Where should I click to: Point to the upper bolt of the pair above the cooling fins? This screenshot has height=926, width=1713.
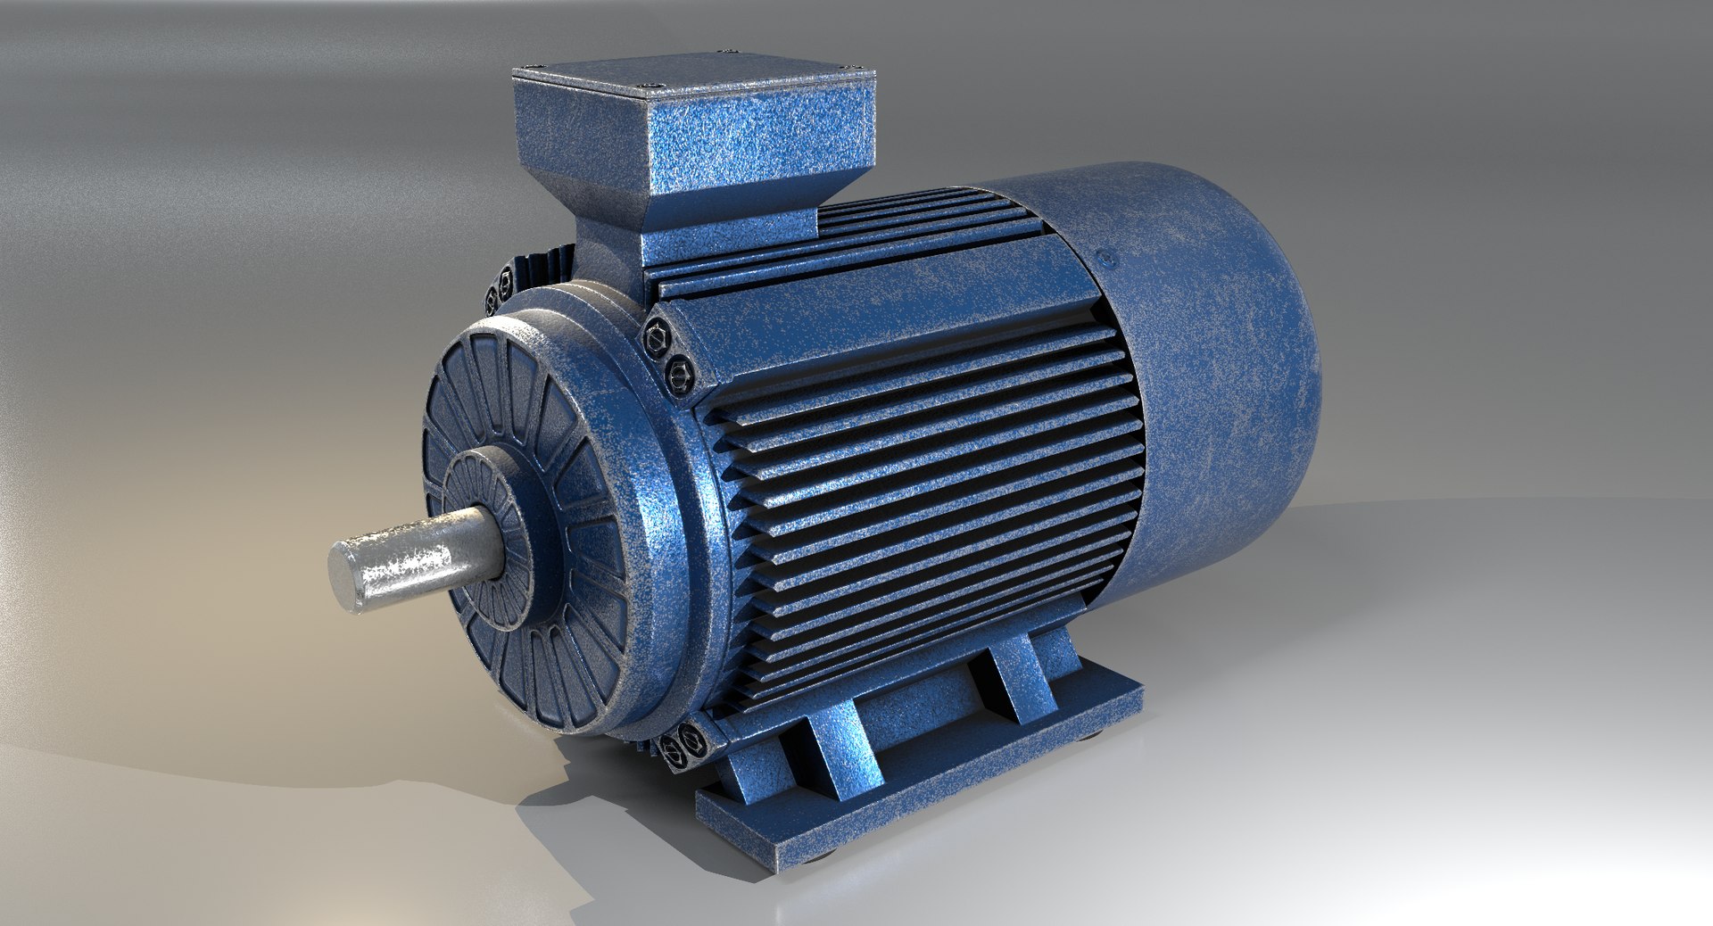658,337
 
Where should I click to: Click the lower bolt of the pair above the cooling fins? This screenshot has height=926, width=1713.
677,367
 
